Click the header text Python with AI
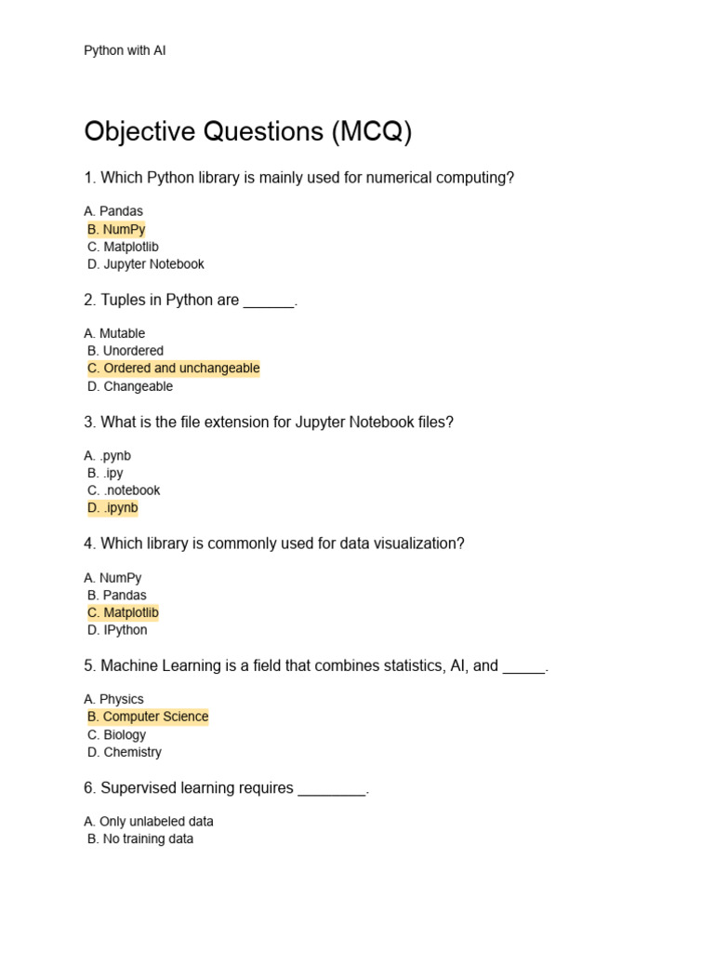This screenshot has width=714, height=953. pos(125,50)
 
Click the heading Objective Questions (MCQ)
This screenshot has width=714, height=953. pos(247,132)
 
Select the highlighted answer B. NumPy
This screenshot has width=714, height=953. pos(116,229)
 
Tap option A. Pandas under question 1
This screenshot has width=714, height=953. pos(113,211)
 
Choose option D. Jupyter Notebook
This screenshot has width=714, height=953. pos(145,264)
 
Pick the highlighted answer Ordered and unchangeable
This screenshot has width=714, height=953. pos(173,369)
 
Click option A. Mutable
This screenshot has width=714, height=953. pos(114,333)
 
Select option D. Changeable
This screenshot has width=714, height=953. pos(130,386)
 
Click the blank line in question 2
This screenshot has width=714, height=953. pos(269,302)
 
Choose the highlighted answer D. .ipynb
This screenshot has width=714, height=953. pos(112,508)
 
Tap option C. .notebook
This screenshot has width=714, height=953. pos(124,490)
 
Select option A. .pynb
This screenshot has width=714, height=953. pos(108,456)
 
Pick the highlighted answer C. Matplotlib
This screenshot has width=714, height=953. pos(123,612)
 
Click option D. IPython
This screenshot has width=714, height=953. pos(117,630)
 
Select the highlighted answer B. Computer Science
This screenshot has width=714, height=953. pos(148,717)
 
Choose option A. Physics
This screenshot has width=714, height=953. pos(113,699)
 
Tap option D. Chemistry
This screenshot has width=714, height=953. pos(125,752)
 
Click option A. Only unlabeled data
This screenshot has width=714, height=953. pos(149,822)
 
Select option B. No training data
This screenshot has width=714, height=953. pos(140,839)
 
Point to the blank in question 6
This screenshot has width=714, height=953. pos(332,790)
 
